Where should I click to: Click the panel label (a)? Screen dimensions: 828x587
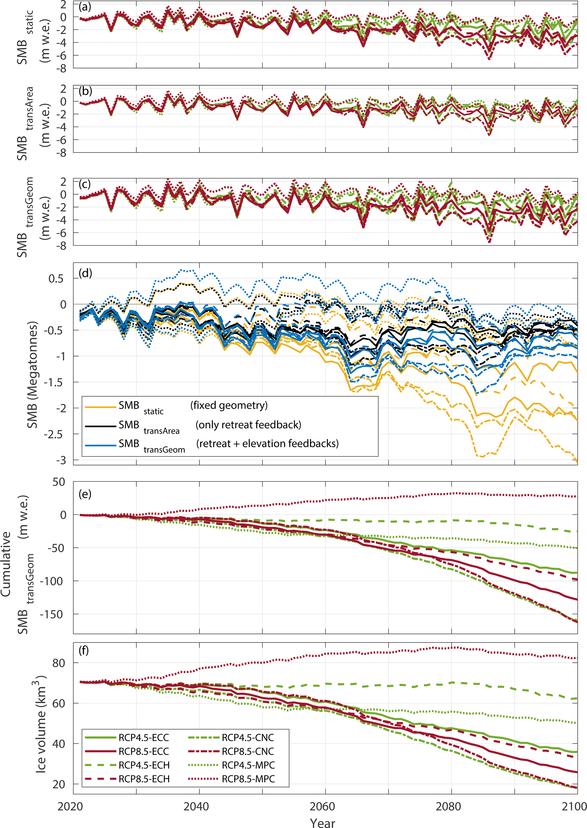tap(85, 7)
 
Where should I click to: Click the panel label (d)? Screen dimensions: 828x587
tap(85, 273)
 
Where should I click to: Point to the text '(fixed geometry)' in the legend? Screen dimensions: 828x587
tap(229, 405)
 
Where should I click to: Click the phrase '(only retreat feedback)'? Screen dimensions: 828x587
tap(248, 424)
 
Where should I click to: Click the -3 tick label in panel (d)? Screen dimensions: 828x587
tap(61, 460)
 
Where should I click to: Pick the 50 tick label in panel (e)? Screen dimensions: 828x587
tap(59, 482)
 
